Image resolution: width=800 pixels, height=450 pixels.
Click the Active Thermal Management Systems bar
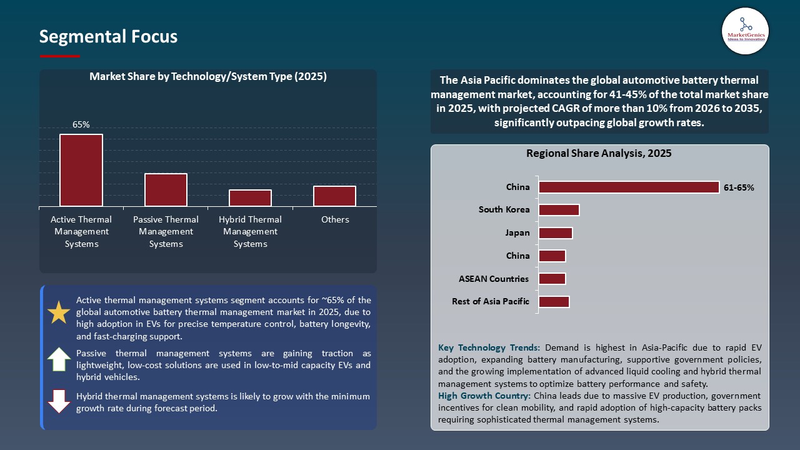[81, 170]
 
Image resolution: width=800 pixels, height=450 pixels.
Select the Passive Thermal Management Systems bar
[166, 190]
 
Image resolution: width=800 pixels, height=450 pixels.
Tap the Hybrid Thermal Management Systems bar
[250, 197]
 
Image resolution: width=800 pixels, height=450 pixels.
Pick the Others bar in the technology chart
[334, 196]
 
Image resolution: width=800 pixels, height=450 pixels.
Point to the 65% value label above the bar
[81, 124]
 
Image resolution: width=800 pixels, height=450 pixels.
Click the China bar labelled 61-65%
[629, 187]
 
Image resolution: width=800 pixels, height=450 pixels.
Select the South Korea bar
[559, 210]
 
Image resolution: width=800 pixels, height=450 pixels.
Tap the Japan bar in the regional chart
[556, 233]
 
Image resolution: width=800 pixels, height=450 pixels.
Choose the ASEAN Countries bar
[552, 279]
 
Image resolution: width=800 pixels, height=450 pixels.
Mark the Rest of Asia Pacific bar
[554, 302]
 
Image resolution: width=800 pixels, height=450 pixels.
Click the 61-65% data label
[739, 187]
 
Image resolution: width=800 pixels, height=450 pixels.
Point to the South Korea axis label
[504, 210]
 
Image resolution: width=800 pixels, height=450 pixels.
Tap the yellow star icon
[59, 312]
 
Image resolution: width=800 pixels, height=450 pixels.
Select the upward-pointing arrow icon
[59, 359]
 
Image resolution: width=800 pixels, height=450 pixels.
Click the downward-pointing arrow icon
[59, 401]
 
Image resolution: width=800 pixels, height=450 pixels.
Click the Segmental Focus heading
[108, 37]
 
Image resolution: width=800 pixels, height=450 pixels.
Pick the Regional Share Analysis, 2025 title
[599, 153]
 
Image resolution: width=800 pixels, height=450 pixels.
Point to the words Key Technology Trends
[489, 347]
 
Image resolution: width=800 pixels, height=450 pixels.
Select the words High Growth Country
[483, 396]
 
